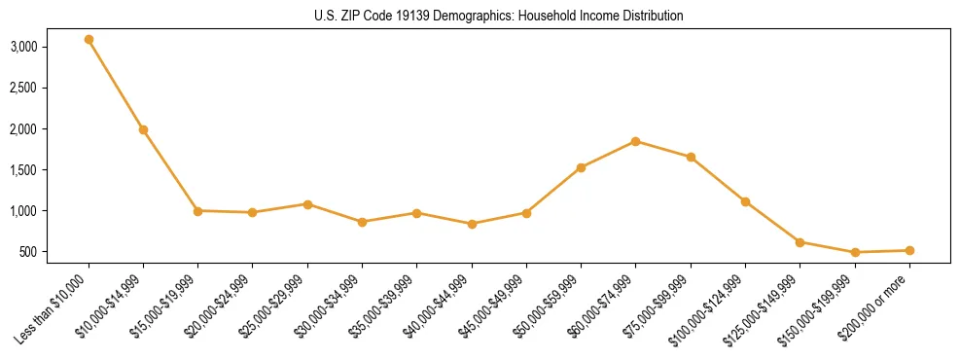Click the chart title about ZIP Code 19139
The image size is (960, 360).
click(499, 16)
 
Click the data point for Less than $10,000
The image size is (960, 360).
click(89, 40)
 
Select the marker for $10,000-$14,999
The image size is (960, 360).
click(143, 129)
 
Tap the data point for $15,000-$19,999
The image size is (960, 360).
click(197, 210)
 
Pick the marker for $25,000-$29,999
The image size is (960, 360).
click(307, 204)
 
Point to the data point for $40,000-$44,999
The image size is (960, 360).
click(472, 224)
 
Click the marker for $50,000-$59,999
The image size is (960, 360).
click(581, 167)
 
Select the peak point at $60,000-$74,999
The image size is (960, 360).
click(635, 141)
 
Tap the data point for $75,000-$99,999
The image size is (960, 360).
click(691, 157)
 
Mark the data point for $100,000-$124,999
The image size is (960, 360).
click(745, 201)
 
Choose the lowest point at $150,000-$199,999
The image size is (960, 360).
click(855, 252)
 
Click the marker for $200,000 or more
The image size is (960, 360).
click(909, 250)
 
